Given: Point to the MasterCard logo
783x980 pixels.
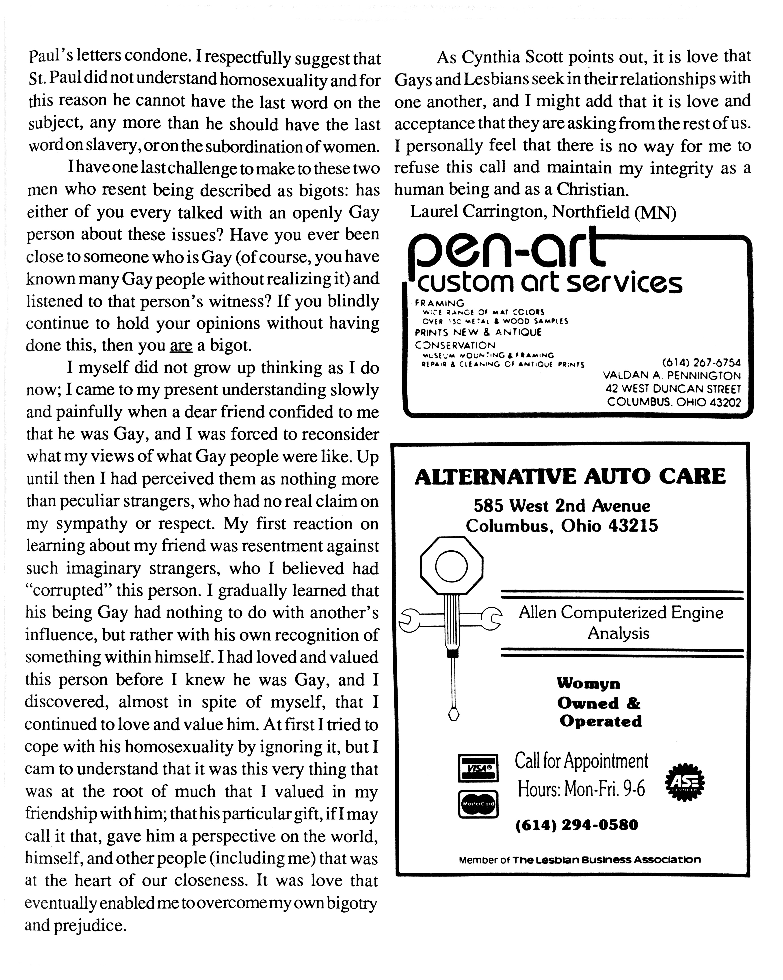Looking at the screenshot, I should tap(477, 804).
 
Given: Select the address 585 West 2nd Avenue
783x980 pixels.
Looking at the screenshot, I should tap(562, 505).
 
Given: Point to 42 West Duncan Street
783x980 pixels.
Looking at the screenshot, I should tap(673, 389).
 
